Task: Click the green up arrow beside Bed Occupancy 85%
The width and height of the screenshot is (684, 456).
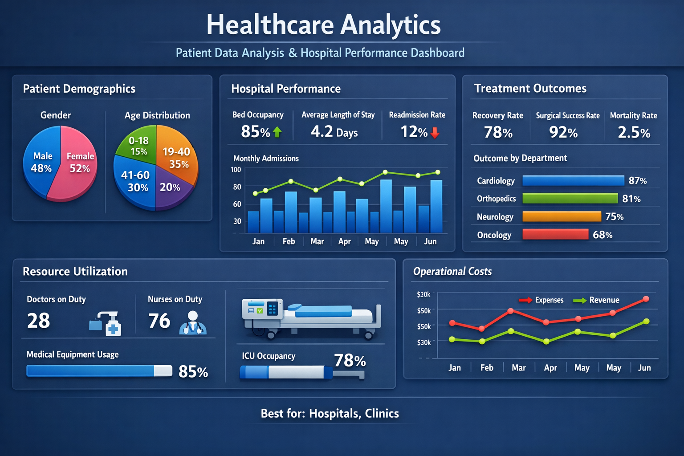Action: [x=277, y=132]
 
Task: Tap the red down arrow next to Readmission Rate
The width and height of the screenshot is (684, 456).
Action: [x=435, y=132]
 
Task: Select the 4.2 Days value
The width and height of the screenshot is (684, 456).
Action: [x=334, y=132]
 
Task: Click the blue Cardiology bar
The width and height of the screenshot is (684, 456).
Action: [x=573, y=180]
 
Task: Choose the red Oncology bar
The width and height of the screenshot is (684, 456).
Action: [x=555, y=234]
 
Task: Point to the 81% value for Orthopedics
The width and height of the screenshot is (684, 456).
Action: [x=631, y=199]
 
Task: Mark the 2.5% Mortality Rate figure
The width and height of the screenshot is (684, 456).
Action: [x=634, y=132]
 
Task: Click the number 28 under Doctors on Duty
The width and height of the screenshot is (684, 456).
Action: [x=38, y=321]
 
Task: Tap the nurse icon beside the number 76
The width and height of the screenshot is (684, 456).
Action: [x=192, y=323]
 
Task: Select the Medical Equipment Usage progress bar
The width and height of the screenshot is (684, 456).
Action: [x=99, y=371]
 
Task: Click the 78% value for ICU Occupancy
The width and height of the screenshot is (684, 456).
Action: [x=350, y=360]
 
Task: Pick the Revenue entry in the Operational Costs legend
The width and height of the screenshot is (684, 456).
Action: [x=604, y=300]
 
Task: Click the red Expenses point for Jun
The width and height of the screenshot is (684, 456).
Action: [x=646, y=299]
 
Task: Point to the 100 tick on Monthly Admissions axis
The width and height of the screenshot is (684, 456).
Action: [x=236, y=170]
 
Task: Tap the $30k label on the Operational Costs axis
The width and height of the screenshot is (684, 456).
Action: [x=423, y=342]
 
